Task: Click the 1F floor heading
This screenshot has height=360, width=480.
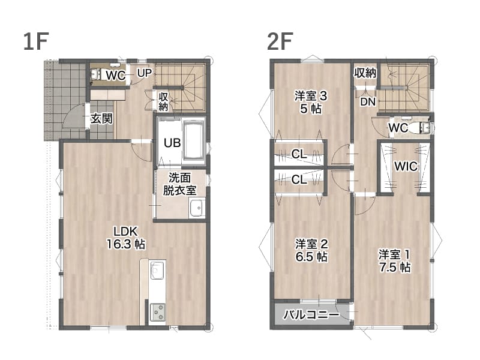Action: coord(36,41)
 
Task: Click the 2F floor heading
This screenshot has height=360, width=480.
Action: coord(280,41)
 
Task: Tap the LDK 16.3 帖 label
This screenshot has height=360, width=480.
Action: coord(126,238)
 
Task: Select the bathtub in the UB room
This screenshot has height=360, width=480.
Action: coord(193,140)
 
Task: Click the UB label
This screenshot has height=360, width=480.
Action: coord(172,143)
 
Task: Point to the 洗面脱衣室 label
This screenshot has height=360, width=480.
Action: coord(179,184)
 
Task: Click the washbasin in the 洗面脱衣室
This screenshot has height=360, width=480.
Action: coord(197,208)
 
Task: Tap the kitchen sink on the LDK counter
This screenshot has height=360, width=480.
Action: coord(157,269)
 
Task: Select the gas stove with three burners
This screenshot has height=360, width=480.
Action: coord(158,312)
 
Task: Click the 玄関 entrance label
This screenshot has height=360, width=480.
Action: coord(101,119)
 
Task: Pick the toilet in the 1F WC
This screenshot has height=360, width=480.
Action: coord(97,74)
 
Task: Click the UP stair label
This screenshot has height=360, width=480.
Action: coord(144,73)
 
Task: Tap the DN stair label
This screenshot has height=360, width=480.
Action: coord(368,101)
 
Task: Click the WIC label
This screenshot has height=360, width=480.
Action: coord(406,167)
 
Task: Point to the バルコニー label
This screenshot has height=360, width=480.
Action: coord(311,314)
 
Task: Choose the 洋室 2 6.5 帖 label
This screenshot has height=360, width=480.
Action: coord(311,250)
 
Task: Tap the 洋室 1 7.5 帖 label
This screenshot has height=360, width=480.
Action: coord(395,261)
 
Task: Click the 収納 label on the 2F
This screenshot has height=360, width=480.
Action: coord(365,73)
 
